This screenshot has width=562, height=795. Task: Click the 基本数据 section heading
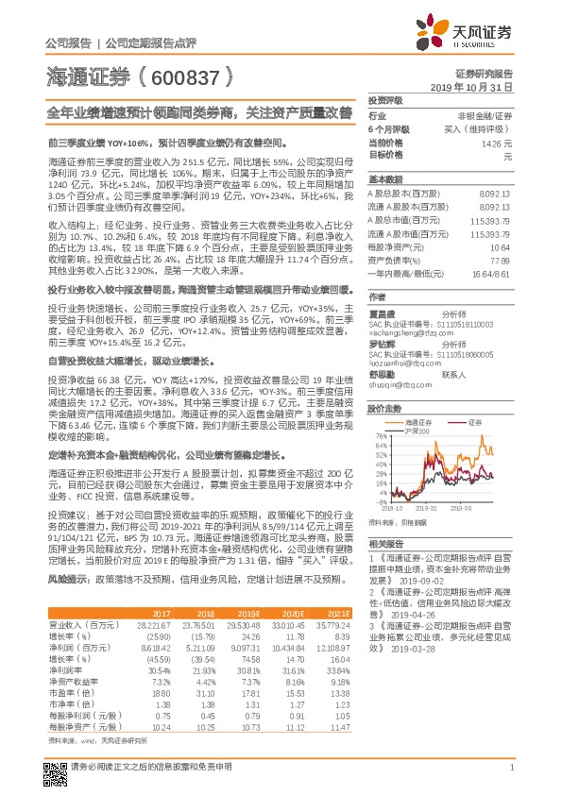click(x=384, y=179)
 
